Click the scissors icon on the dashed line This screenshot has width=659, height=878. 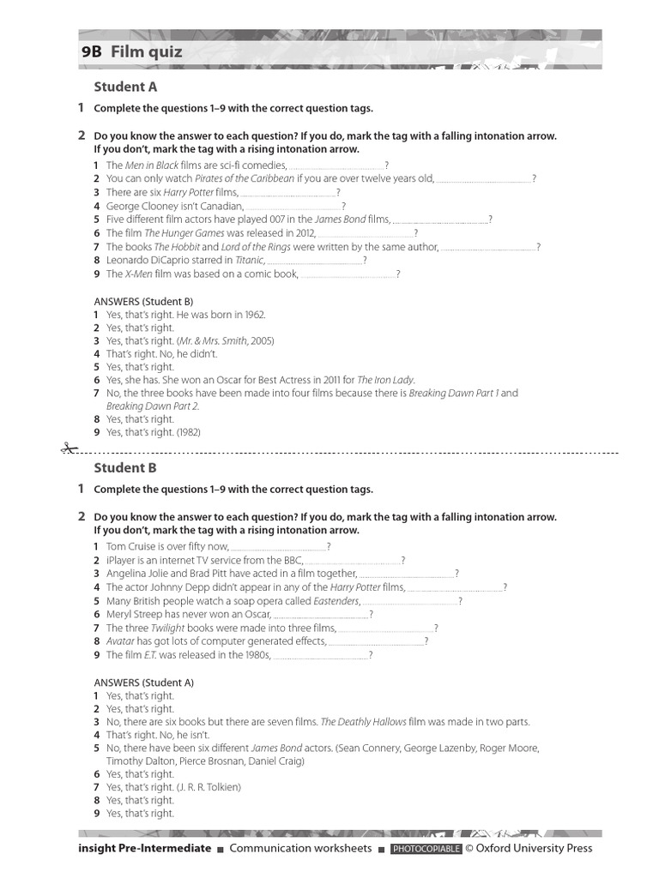67,448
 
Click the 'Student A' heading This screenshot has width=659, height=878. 125,87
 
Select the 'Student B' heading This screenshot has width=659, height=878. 125,467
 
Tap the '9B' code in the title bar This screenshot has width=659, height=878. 91,52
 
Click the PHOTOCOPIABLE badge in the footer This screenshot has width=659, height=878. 426,849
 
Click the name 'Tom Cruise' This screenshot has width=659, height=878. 131,546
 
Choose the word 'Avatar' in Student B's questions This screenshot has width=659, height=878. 121,640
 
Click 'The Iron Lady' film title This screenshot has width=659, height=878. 386,380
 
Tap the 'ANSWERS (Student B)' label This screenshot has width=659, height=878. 143,301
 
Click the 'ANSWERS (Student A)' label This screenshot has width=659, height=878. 143,683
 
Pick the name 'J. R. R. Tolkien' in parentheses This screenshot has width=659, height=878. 209,787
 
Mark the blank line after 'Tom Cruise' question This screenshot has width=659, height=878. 279,547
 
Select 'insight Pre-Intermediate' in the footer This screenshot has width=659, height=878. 144,848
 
